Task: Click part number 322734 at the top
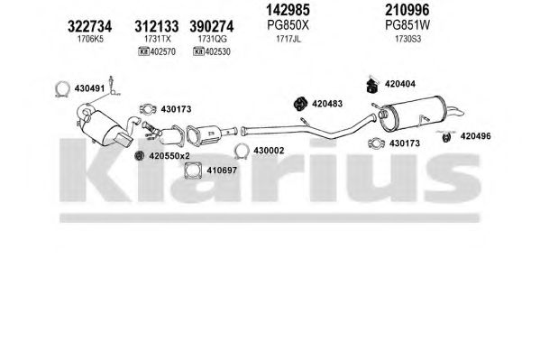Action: pos(89,26)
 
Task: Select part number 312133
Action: pos(156,26)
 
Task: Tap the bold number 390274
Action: pos(212,26)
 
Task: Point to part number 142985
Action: pos(288,10)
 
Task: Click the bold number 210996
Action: pos(407,10)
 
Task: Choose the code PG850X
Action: pos(288,25)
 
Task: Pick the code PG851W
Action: pos(407,25)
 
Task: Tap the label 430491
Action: pos(89,88)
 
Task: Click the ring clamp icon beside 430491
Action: pos(62,89)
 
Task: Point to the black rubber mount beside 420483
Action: pos(300,104)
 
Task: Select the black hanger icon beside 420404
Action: pos(371,86)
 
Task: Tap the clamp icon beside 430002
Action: pos(242,151)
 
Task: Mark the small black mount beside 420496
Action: pos(446,137)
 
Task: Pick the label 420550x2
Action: pos(169,156)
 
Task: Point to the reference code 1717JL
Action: pos(288,39)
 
